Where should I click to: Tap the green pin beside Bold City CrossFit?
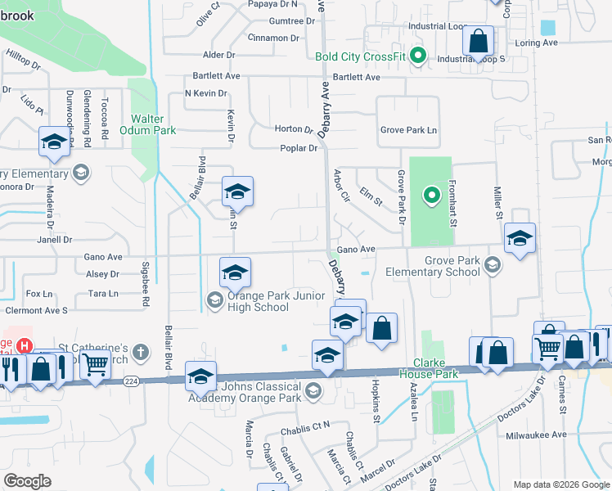418,56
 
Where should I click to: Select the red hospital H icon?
25,347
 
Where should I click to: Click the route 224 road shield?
131,381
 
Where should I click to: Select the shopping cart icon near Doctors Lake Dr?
547,348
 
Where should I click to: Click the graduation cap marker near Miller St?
520,237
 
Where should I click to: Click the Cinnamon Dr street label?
273,38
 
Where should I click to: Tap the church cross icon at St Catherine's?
141,353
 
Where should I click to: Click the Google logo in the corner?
28,481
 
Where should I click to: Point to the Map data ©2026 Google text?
560,484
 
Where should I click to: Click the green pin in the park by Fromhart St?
431,195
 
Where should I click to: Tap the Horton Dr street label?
295,129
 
